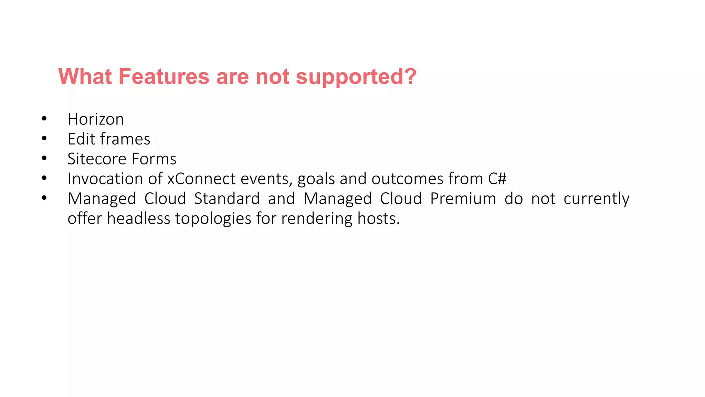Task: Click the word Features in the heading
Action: (164, 76)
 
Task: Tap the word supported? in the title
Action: (356, 77)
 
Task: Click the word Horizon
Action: (96, 119)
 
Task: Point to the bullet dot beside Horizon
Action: (44, 119)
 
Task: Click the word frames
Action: (125, 139)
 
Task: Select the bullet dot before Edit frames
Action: (44, 139)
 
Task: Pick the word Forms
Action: (154, 159)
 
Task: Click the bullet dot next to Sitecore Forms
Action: (44, 159)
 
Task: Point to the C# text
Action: (497, 179)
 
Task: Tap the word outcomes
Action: (408, 179)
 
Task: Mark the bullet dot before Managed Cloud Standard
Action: (44, 198)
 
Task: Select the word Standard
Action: (227, 198)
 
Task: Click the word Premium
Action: (463, 198)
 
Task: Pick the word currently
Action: (596, 199)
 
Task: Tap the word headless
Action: (138, 218)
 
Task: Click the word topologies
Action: (213, 219)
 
